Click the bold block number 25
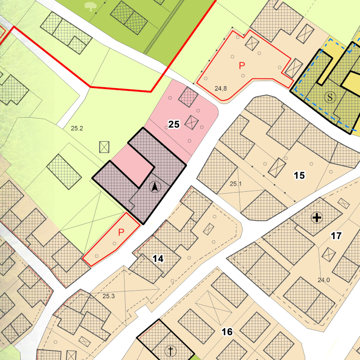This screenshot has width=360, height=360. pyautogui.click(x=174, y=124)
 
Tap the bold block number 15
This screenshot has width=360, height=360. pyautogui.click(x=299, y=176)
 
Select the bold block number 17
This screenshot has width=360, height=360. pyautogui.click(x=336, y=236)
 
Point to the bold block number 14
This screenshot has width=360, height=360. pyautogui.click(x=158, y=258)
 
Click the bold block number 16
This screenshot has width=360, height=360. pyautogui.click(x=227, y=332)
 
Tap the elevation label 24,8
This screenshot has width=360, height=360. pyautogui.click(x=221, y=88)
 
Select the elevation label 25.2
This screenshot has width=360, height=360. pyautogui.click(x=77, y=127)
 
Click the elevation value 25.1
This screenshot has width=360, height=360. pyautogui.click(x=235, y=184)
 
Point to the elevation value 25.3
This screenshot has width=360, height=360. pyautogui.click(x=108, y=296)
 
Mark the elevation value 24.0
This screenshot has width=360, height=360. pyautogui.click(x=324, y=280)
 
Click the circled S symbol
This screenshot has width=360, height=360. pyautogui.click(x=331, y=97)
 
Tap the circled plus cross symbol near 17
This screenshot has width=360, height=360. pyautogui.click(x=317, y=217)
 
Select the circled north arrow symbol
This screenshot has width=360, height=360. pyautogui.click(x=155, y=187)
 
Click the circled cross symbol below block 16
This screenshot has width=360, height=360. pyautogui.click(x=171, y=350)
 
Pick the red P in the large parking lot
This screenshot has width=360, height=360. pyautogui.click(x=242, y=65)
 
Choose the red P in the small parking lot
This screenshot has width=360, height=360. pyautogui.click(x=121, y=232)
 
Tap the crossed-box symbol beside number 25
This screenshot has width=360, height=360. pyautogui.click(x=192, y=122)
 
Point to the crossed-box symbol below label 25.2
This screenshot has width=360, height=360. pyautogui.click(x=105, y=147)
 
